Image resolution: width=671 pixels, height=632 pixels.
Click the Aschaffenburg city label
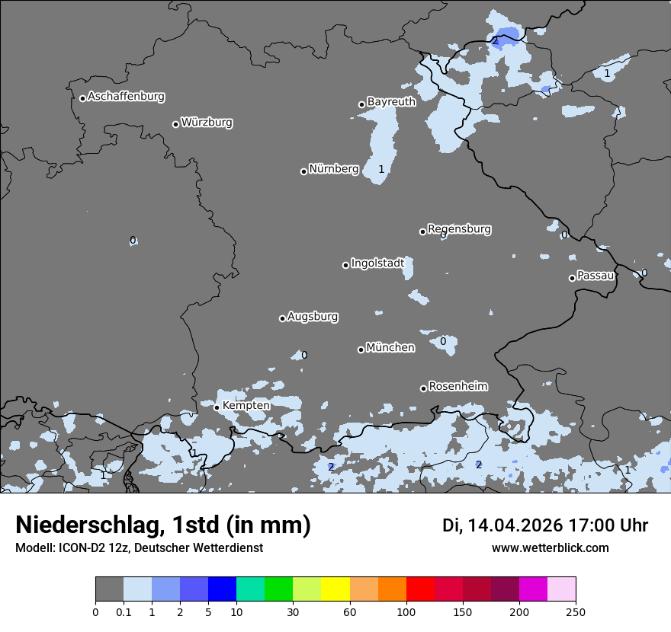pyautogui.click(x=126, y=97)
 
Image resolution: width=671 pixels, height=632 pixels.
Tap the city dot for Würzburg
pyautogui.click(x=175, y=124)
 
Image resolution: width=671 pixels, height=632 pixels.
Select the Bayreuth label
pyautogui.click(x=391, y=101)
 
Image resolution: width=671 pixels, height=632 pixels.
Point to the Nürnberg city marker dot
pyautogui.click(x=303, y=171)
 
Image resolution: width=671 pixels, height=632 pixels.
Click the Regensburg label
pyautogui.click(x=459, y=228)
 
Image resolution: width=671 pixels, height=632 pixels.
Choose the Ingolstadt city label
pyautogui.click(x=377, y=263)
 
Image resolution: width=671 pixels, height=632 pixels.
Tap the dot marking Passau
pyautogui.click(x=572, y=278)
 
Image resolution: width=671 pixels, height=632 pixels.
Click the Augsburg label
pyautogui.click(x=313, y=316)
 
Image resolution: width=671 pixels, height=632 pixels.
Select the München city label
pyautogui.click(x=390, y=347)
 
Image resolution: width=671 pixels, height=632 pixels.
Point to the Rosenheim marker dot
pyautogui.click(x=423, y=388)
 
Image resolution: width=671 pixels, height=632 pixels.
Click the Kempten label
pyautogui.click(x=246, y=405)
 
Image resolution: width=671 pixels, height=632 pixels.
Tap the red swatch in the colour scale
pyautogui.click(x=420, y=589)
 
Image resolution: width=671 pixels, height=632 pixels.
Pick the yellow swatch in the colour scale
pyautogui.click(x=335, y=589)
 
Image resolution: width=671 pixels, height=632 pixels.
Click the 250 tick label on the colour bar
pyautogui.click(x=576, y=611)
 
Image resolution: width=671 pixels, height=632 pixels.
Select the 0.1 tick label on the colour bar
pyautogui.click(x=124, y=611)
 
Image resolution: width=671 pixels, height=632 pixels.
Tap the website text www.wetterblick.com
pyautogui.click(x=550, y=547)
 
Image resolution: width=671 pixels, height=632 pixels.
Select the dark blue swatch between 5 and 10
pyautogui.click(x=222, y=589)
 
